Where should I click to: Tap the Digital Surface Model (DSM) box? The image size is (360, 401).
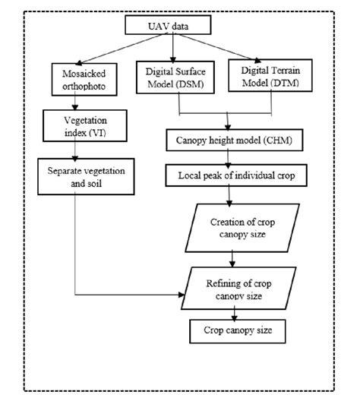click(x=174, y=76)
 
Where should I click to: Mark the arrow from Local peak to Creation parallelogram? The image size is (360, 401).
click(x=230, y=194)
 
